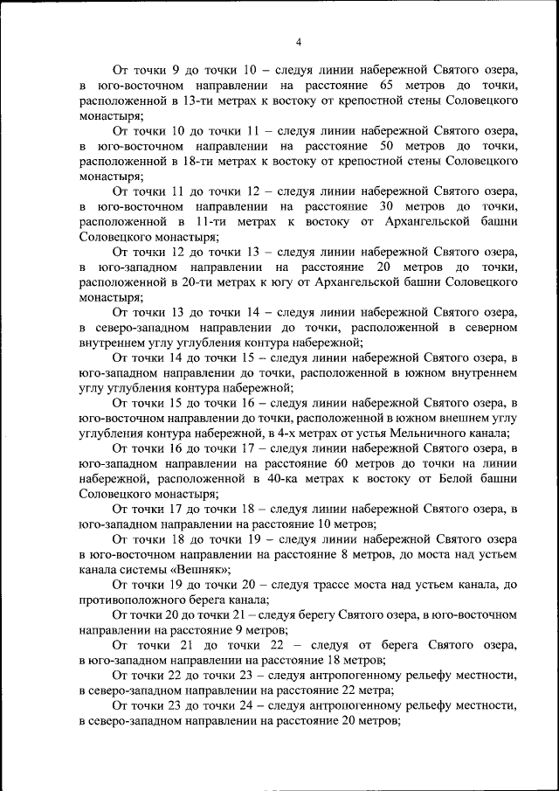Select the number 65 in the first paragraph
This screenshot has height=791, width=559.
[390, 87]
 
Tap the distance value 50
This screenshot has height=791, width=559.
[390, 147]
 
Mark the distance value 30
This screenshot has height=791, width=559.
[390, 207]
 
